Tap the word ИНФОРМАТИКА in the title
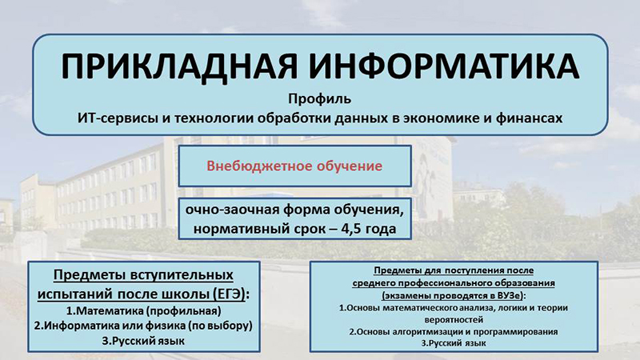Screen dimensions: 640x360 (444, 66)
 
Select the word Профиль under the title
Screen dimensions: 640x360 (319, 99)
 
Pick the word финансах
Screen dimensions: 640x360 (529, 118)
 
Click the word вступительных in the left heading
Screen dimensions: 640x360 (182, 275)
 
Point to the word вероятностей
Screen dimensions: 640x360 (454, 319)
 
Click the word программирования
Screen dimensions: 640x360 (515, 332)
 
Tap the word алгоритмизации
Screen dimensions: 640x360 (427, 332)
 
